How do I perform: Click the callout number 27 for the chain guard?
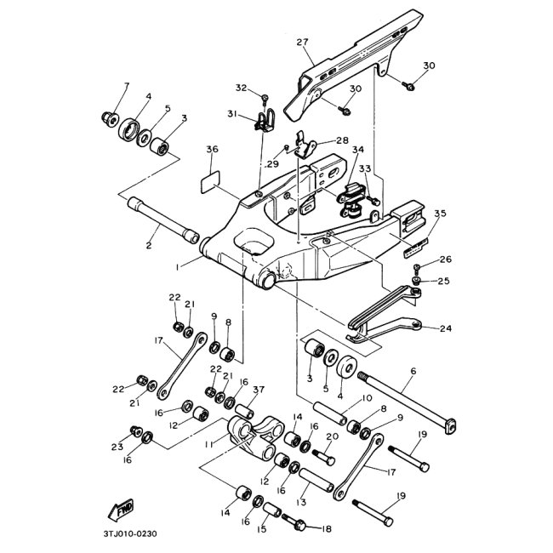tap(301, 42)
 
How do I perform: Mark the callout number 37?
tap(259, 390)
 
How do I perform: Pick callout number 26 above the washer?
tap(446, 259)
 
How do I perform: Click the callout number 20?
tap(333, 436)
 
